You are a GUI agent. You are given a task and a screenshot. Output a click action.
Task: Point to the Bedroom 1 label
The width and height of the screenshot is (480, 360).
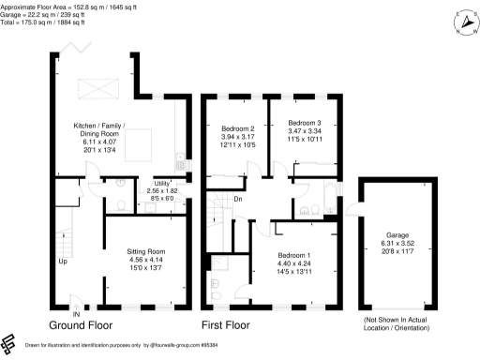click(x=296, y=255)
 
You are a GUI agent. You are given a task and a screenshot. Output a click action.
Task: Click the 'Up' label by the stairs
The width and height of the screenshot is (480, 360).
click(x=63, y=262)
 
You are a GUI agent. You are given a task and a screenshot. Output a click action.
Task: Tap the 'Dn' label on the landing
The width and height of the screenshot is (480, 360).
click(x=238, y=198)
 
